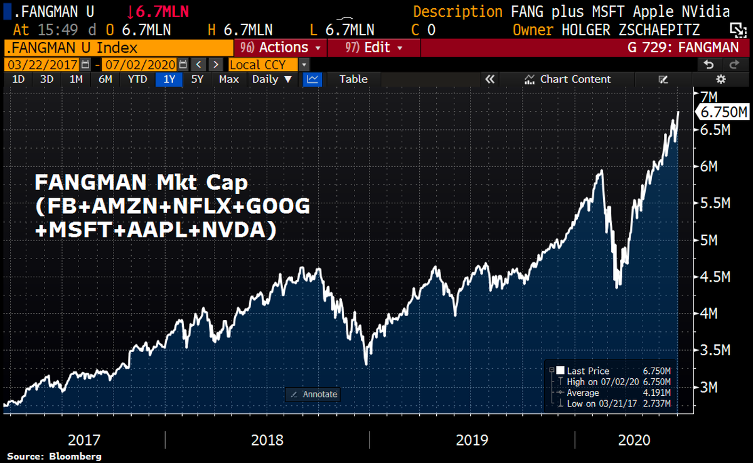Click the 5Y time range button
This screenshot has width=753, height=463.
point(197,79)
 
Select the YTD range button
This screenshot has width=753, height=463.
point(137,79)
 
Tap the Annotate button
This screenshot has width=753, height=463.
point(312,395)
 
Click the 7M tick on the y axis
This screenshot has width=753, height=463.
point(708,97)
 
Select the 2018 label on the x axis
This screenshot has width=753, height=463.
point(267,441)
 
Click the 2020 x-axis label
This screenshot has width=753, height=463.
point(634,441)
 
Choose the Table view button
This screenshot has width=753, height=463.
point(353,79)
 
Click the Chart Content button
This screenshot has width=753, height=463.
point(567,79)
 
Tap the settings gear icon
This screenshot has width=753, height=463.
point(721,79)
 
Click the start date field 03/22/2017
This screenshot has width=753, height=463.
point(42,65)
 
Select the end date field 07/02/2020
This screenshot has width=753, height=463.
point(139,65)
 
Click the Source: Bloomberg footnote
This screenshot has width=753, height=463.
point(54,456)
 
